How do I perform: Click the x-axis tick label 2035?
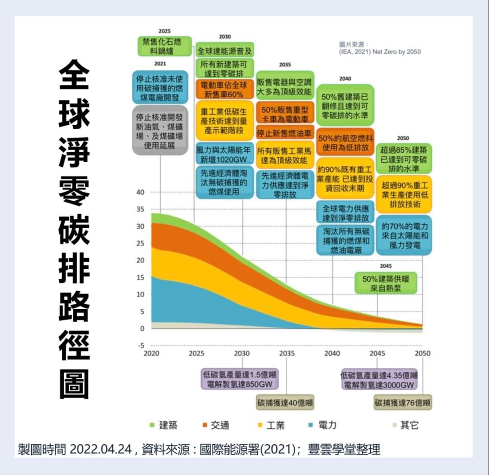(x=287, y=353)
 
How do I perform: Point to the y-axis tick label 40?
(x=140, y=193)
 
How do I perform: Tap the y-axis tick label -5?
(x=140, y=346)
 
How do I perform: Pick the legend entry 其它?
(x=405, y=425)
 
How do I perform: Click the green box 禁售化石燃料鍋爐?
(x=164, y=47)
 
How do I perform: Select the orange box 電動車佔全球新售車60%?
(x=225, y=89)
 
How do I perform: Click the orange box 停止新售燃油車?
(x=285, y=133)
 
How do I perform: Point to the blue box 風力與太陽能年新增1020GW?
(x=225, y=154)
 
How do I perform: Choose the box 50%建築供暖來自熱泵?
(x=386, y=283)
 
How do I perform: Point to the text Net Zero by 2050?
(x=396, y=52)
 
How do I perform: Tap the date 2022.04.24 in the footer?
(x=101, y=450)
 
